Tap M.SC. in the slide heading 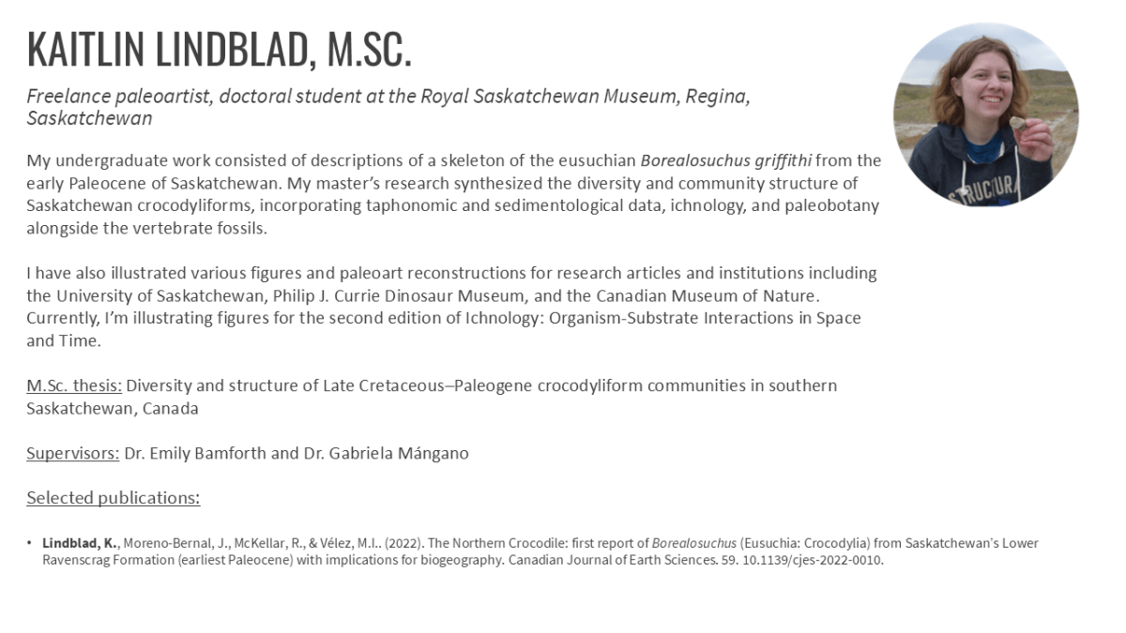pos(370,50)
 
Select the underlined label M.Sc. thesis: pos(74,385)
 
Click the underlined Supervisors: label pos(73,453)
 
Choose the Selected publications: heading pos(113,498)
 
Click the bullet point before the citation pos(31,544)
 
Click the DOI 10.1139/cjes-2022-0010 pos(805,561)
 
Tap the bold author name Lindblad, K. pos(80,544)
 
